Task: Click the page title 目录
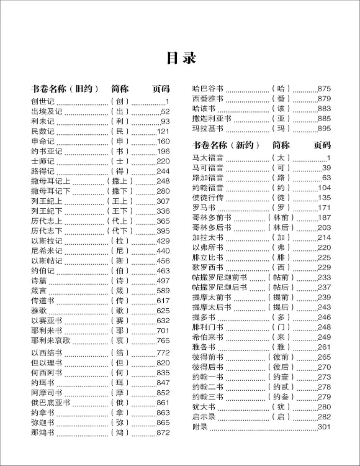pos(180,58)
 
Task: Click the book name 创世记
pos(43,101)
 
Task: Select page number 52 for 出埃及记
pos(164,111)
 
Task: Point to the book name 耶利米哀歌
pos(51,340)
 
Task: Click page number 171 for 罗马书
pos(324,208)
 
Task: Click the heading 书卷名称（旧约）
pos(65,88)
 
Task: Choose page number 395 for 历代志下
pos(163,231)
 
